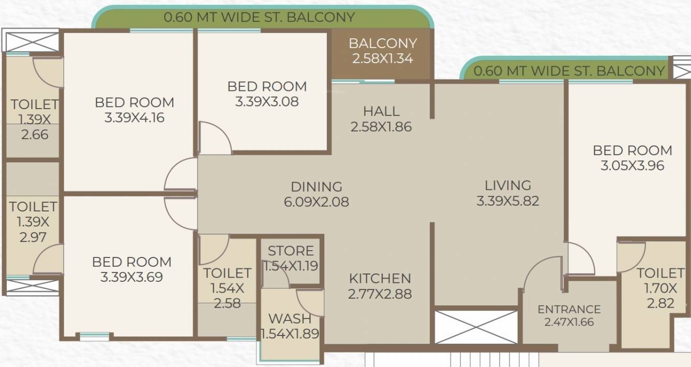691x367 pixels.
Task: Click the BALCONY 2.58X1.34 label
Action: coord(382,51)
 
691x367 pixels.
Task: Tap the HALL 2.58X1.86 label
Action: coord(381,118)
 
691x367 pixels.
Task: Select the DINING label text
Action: coord(316,186)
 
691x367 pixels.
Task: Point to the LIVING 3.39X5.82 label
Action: coord(507,192)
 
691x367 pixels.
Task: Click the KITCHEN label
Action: coord(380,279)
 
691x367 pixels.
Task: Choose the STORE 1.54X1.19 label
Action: coord(291,258)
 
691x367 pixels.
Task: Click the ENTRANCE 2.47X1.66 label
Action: coord(569,315)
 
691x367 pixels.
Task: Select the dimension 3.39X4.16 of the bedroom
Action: coord(134,118)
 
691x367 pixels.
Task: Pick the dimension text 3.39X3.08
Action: coord(266,101)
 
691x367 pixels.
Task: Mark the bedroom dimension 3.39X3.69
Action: coord(131,278)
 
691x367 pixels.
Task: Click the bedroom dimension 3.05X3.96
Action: coord(632,166)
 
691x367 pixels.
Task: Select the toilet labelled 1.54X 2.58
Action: coord(227,287)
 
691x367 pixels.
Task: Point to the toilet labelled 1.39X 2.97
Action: coord(33,222)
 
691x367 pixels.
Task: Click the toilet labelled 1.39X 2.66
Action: coord(34,119)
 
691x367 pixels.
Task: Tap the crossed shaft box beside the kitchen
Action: coord(475,326)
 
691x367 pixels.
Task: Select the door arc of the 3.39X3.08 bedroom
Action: coord(215,137)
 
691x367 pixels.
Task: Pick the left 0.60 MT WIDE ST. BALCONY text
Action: coord(259,17)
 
